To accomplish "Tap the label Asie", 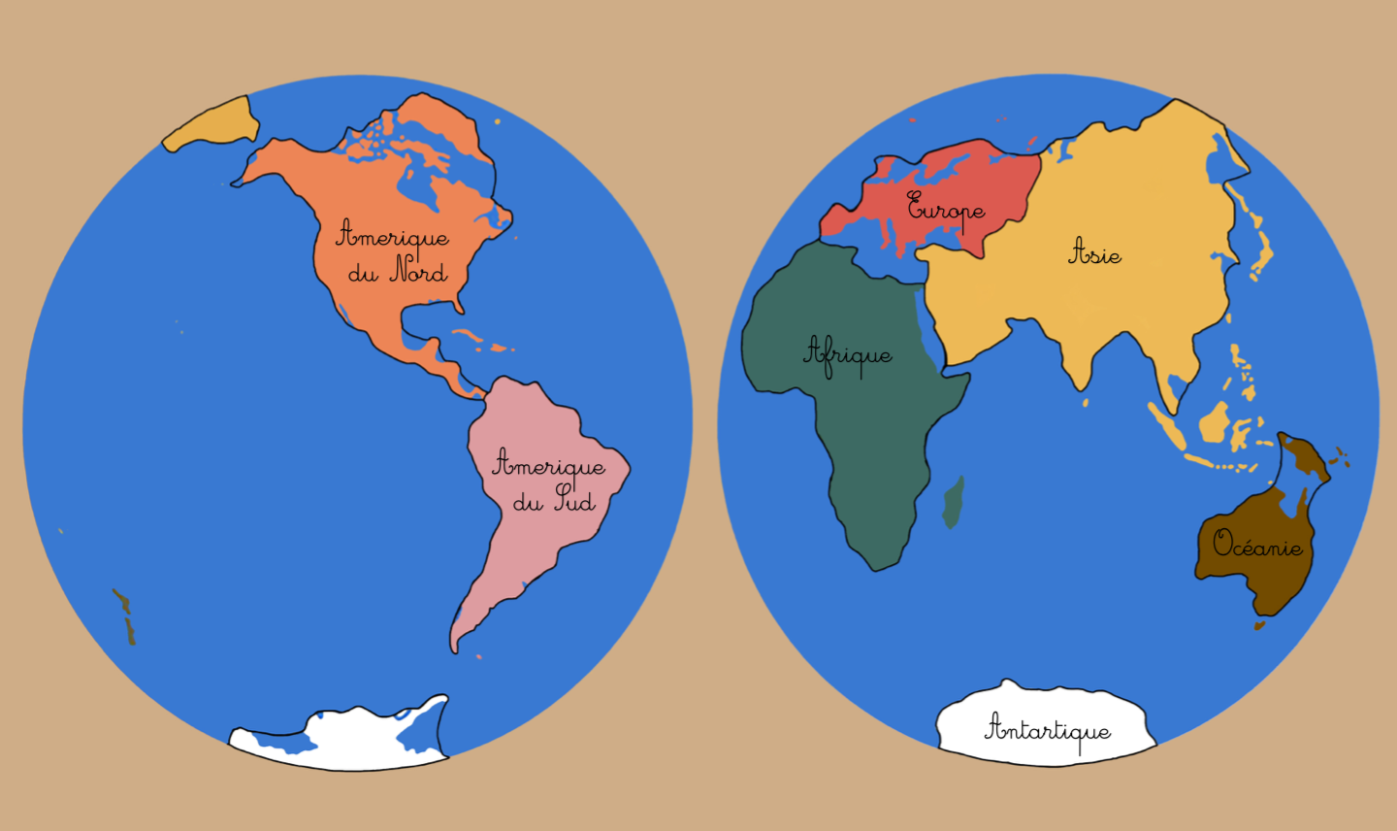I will tap(1095, 253).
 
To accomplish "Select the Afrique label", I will tap(848, 354).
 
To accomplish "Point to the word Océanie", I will tap(1257, 545).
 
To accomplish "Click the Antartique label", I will tap(1048, 729).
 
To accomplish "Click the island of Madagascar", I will tap(955, 502).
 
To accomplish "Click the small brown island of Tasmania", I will tap(1259, 626).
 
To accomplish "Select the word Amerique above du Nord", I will tap(393, 236).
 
